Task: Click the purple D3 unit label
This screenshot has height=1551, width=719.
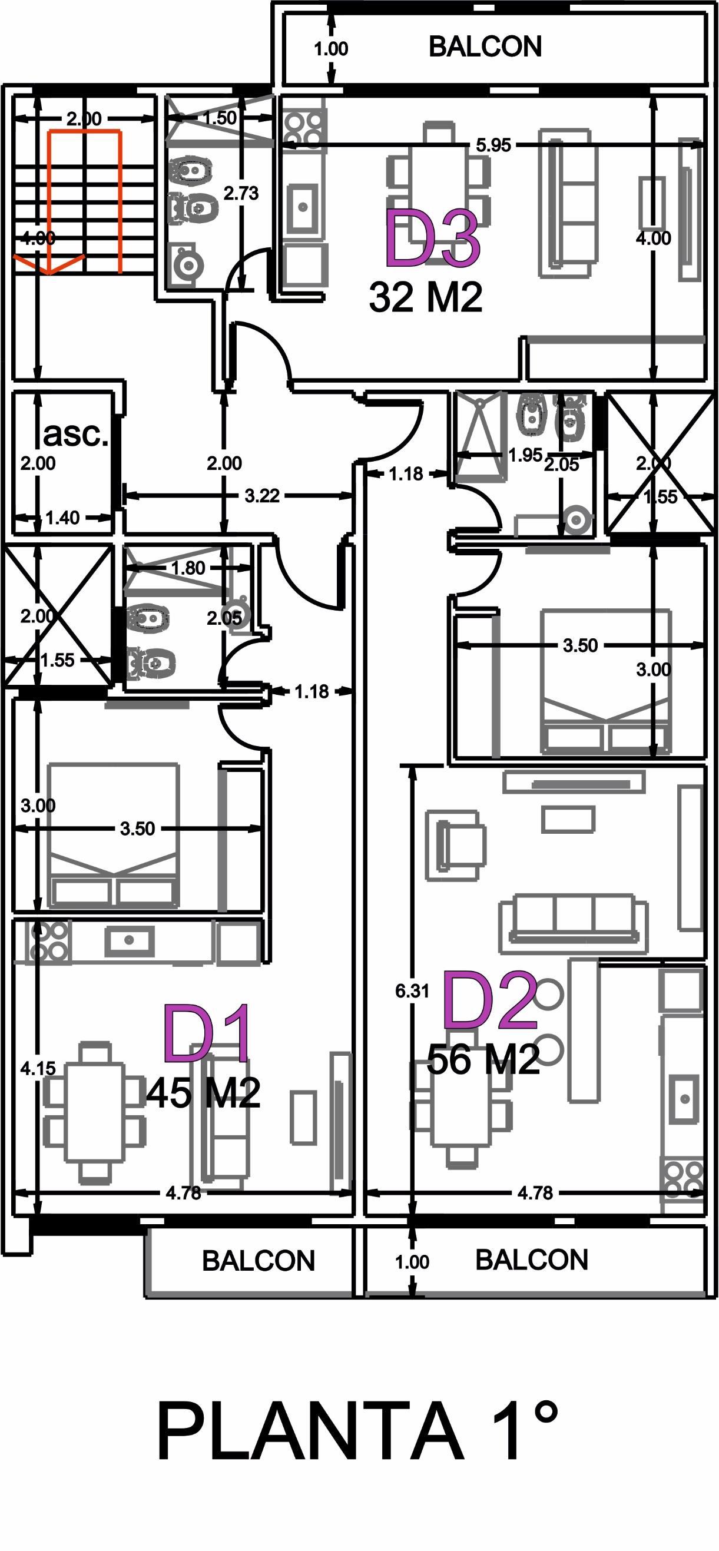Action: pos(432,239)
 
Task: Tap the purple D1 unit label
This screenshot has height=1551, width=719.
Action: pos(207,1033)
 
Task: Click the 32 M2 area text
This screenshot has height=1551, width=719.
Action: pos(426,297)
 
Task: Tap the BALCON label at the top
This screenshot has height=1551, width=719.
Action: pos(485,47)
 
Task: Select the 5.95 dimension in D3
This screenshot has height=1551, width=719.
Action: pos(493,145)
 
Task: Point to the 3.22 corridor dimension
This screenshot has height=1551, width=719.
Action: pos(262,496)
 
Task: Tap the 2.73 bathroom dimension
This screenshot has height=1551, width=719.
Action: pos(241,193)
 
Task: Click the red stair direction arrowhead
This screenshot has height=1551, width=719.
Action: pos(49,264)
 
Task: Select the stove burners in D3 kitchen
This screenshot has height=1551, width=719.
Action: pos(303,128)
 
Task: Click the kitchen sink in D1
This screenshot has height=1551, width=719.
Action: pos(129,940)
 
